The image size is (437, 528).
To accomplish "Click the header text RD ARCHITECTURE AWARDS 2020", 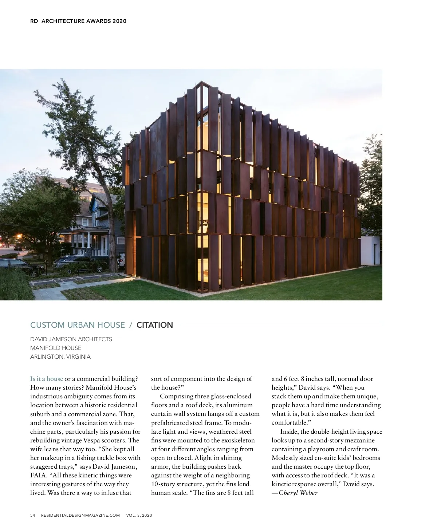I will click(78, 21).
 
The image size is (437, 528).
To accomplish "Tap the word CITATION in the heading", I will click(155, 325).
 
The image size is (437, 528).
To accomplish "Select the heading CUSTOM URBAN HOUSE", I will click(77, 325).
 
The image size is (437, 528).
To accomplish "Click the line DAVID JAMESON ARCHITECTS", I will click(71, 339).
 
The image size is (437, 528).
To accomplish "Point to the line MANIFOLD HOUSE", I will click(56, 348).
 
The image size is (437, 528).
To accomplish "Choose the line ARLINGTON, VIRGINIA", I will click(60, 357).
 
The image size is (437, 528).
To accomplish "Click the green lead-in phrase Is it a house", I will click(47, 379).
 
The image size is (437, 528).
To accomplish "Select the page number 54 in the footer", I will click(33, 516).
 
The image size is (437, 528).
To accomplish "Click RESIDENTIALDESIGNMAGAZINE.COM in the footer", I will click(80, 516).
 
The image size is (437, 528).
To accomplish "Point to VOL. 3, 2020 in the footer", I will click(139, 516).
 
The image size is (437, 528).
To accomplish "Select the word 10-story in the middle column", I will click(163, 484).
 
